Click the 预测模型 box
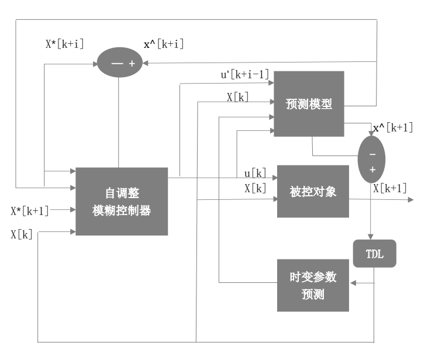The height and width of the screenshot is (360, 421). pos(309,104)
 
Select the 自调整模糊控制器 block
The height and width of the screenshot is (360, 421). pos(122,202)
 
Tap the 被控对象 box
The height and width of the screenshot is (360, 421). pos(313,192)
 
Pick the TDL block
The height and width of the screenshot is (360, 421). pos(374,253)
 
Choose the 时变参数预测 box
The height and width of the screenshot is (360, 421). pos(313,285)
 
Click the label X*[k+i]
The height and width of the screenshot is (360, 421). pos(65,44)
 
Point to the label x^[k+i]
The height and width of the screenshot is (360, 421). pos(164,44)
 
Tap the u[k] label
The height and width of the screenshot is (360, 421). pos(255,173)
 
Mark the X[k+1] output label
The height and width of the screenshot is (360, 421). pos(389,188)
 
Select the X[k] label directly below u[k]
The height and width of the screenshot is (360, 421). pos(255,188)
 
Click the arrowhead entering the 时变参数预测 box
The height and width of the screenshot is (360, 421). pos(353,283)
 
